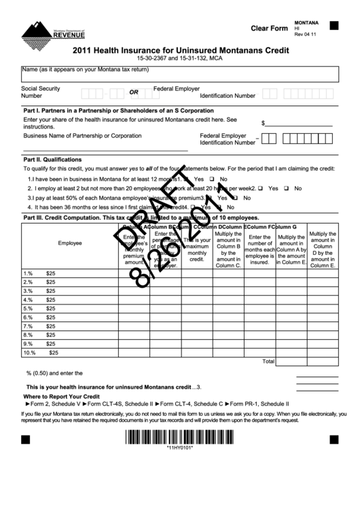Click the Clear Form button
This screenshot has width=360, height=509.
[269, 29]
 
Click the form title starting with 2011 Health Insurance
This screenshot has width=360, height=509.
[179, 49]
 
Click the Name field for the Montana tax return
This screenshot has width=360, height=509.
[179, 75]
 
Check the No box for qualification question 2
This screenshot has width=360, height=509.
[288, 188]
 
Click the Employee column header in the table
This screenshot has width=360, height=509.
[70, 243]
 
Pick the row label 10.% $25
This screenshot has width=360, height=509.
[41, 353]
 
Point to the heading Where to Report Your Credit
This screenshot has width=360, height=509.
[62, 396]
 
